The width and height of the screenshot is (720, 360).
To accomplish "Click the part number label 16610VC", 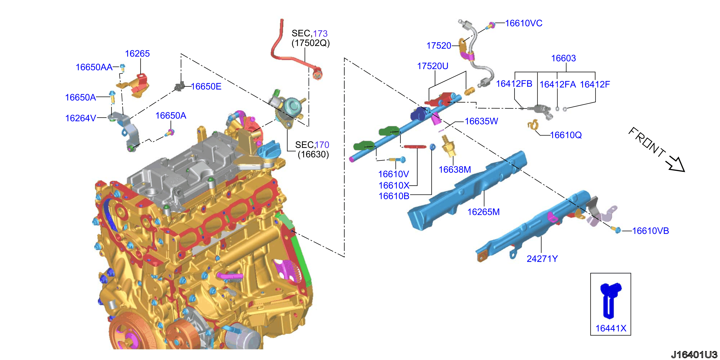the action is tap(524, 23).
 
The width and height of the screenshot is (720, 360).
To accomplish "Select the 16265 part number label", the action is tap(137, 53).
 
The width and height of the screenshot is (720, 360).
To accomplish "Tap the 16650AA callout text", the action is tap(94, 67).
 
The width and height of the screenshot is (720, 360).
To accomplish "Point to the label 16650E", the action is tap(206, 86).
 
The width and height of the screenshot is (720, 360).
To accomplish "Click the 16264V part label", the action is tap(81, 118).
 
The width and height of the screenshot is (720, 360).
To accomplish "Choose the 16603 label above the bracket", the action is tap(564, 58).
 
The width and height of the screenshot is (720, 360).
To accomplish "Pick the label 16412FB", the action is tap(514, 83).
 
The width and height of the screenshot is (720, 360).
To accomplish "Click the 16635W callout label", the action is tap(481, 121).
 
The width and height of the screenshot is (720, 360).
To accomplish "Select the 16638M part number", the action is tap(455, 169).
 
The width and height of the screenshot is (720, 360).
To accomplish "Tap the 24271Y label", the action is tap(542, 259).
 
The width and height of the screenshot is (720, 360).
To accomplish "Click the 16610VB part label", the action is tap(651, 231).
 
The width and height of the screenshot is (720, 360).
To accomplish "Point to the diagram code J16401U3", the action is tap(694, 354).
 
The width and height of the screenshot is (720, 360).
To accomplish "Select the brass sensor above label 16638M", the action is tap(448, 146).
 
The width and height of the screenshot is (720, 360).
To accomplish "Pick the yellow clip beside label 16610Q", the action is tap(533, 124).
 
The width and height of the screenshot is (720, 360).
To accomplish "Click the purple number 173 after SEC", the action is tap(320, 33).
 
